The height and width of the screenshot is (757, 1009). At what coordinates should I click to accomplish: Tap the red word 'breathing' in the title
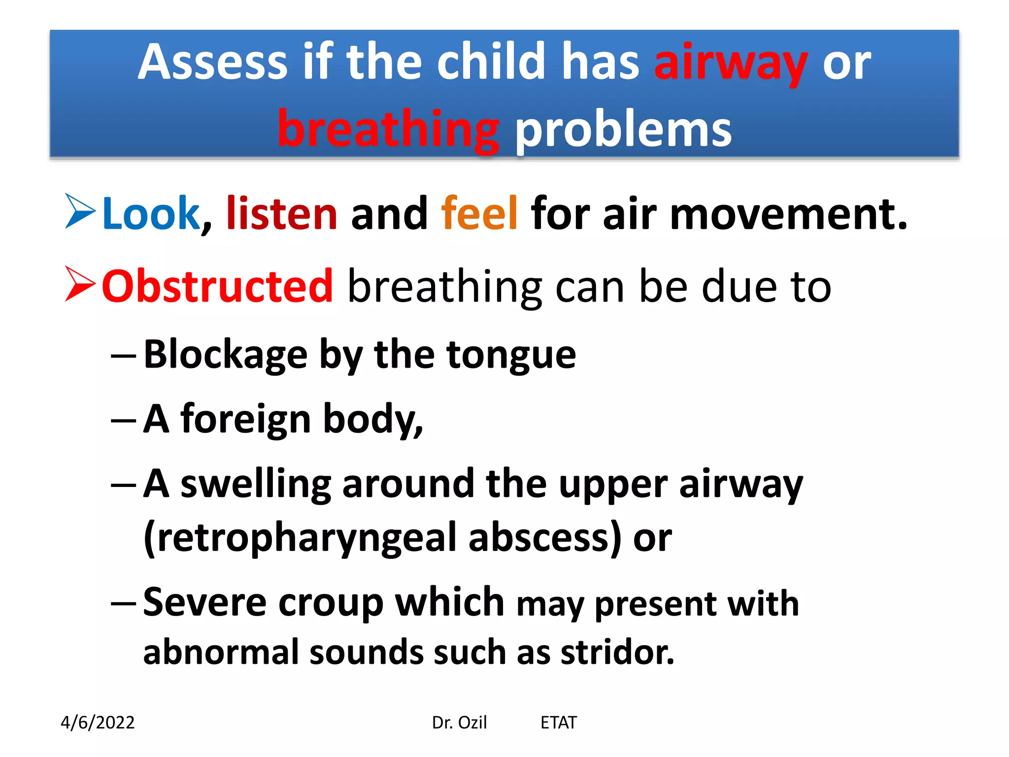[388, 129]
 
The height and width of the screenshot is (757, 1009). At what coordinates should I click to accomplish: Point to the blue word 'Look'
[150, 214]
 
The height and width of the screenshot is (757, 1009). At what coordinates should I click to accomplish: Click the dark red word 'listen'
[281, 214]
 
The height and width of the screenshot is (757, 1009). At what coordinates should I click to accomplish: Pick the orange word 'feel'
[479, 214]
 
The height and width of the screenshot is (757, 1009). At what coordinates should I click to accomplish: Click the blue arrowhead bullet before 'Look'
[80, 211]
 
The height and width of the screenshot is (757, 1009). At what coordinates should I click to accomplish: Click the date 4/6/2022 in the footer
[98, 723]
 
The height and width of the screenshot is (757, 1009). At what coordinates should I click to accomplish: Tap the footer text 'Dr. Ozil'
[459, 723]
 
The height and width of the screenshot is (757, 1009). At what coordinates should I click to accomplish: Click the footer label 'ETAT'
[558, 723]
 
